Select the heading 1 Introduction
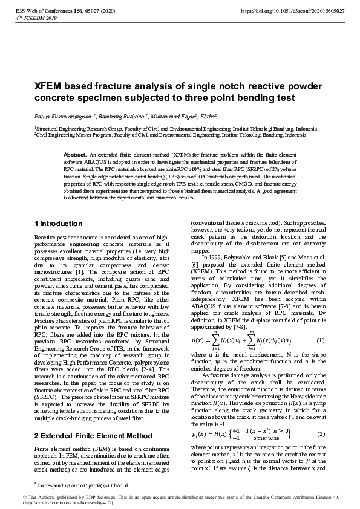tap(59, 224)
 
